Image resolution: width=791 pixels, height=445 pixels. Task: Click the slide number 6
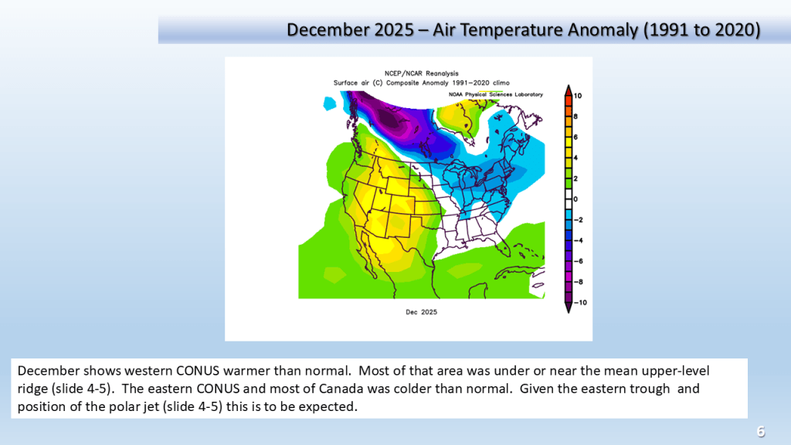pos(761,431)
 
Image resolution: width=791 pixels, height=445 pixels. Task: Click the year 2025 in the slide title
pos(392,30)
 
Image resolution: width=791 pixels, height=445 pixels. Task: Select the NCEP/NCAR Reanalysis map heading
pos(421,73)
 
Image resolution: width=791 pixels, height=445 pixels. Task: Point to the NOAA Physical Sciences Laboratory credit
pos(495,94)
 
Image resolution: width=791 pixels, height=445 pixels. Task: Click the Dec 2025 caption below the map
pos(421,312)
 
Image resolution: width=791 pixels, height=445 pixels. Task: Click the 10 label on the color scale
pos(578,95)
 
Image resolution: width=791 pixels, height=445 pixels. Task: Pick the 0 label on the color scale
pos(575,199)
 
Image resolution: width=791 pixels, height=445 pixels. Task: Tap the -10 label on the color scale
pos(580,303)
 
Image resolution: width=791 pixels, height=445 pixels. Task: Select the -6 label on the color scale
pos(578,261)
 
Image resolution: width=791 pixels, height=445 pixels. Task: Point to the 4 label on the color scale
pos(575,158)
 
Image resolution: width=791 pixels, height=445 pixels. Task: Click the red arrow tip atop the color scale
pos(568,85)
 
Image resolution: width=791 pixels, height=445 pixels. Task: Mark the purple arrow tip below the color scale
pos(568,312)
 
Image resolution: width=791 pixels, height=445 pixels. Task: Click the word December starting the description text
pos(49,371)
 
